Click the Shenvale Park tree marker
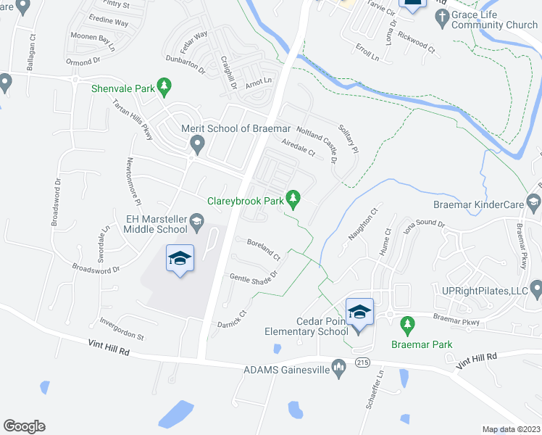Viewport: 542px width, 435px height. click(164, 88)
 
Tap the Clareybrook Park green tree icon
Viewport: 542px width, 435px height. click(293, 197)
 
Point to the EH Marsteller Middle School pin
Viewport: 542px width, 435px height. click(196, 223)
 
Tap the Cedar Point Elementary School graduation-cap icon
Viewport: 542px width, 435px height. click(359, 312)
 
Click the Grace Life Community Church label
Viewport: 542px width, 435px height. click(494, 20)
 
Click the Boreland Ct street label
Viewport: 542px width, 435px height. click(264, 249)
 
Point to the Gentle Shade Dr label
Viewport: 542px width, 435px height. click(254, 276)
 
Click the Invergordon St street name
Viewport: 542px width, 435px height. click(122, 328)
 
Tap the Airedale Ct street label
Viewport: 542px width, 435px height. click(299, 149)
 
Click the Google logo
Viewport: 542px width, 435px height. click(25, 426)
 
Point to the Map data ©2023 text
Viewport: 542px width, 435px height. click(510, 429)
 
